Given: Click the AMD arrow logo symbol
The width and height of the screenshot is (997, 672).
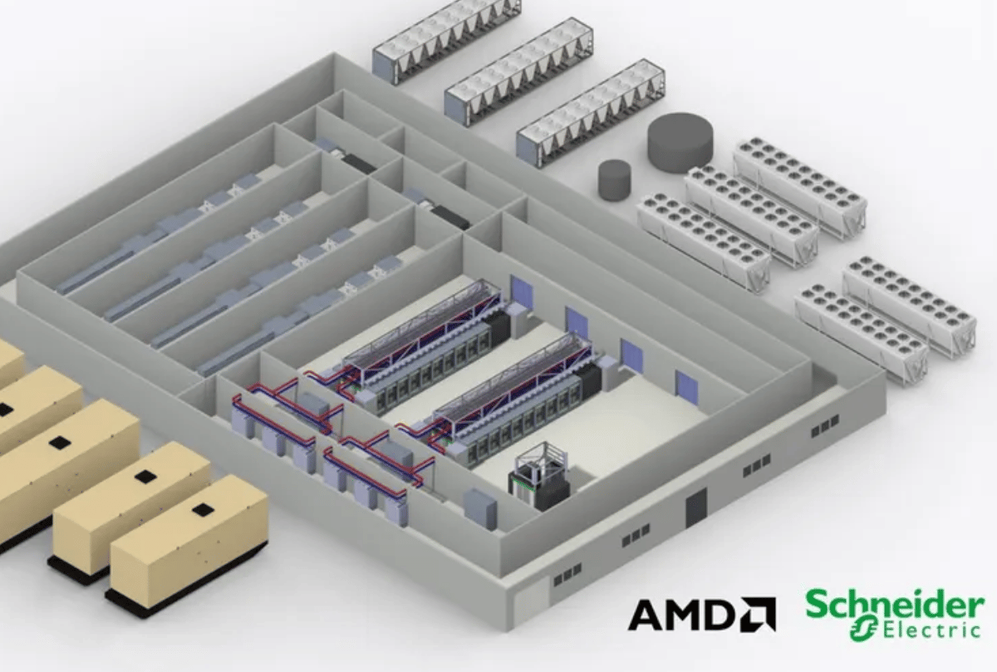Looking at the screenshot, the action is click(759, 614).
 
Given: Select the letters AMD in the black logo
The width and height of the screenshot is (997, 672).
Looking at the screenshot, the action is click(683, 615).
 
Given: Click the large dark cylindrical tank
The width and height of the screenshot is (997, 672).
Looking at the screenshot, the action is click(680, 142).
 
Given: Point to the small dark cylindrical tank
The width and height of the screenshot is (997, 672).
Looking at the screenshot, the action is click(614, 180).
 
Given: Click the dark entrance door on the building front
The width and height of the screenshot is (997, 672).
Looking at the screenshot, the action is click(696, 508).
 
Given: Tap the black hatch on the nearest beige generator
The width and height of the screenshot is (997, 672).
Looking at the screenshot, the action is click(203, 508).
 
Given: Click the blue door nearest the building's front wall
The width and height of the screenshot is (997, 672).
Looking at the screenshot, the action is click(686, 387).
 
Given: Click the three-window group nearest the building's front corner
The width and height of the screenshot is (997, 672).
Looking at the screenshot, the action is click(567, 575).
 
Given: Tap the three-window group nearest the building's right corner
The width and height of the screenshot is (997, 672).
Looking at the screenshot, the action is click(825, 426).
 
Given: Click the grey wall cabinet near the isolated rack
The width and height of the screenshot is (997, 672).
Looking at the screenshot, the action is click(480, 508).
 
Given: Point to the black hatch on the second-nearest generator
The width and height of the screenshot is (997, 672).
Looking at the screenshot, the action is click(145, 477).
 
